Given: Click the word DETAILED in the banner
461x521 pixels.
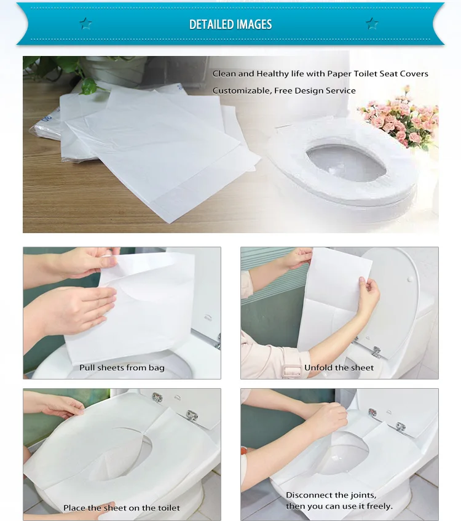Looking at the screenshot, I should tap(210, 25).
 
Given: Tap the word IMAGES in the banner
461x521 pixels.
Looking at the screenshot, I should tap(251, 25).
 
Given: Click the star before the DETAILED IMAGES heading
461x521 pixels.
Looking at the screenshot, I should tap(85, 24).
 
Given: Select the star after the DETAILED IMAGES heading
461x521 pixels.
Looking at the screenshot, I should tap(372, 24).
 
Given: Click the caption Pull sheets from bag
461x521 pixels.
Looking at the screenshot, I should tap(122, 368).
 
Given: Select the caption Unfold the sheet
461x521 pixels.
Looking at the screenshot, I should tap(339, 368).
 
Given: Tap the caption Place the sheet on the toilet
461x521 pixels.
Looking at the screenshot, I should tap(122, 508).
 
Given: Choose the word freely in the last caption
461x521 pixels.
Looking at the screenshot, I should tap(379, 506).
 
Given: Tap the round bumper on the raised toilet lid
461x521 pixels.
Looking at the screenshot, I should tap(407, 279).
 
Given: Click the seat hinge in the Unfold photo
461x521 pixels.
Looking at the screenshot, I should tap(376, 350).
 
